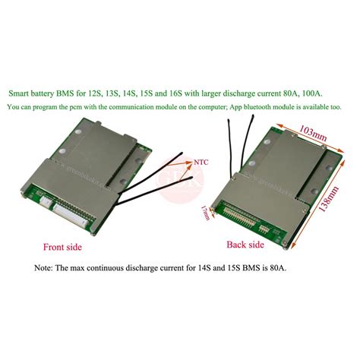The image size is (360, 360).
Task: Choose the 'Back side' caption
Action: click(245, 245)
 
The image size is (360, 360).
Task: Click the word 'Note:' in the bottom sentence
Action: click(47, 268)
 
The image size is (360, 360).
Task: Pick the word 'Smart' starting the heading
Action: click(21, 93)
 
